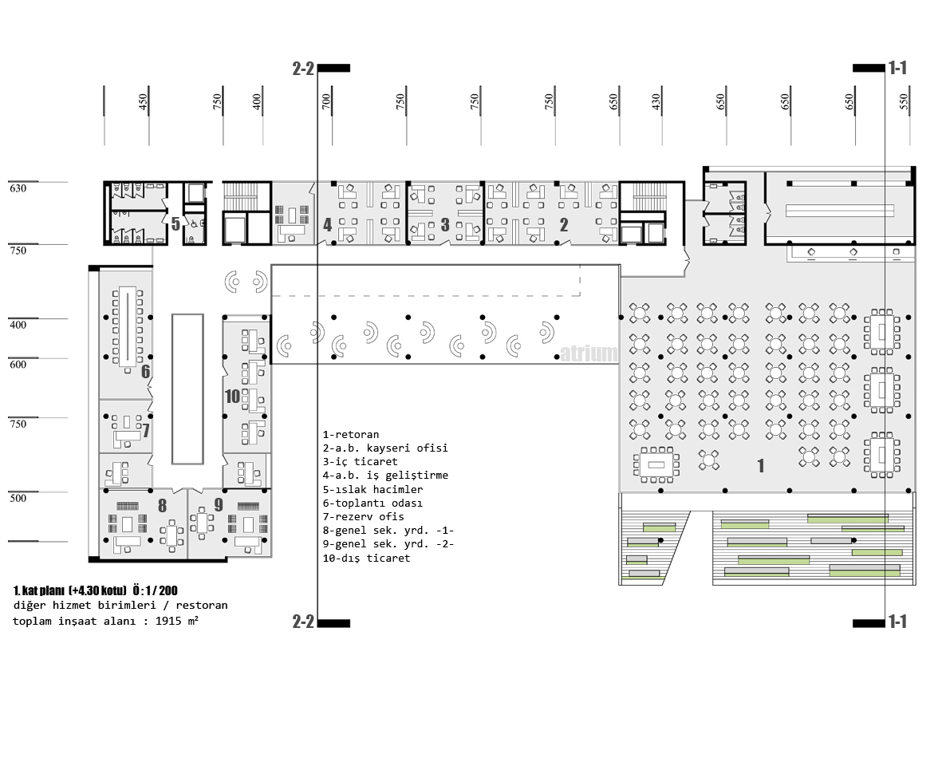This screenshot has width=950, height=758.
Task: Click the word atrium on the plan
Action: (x=589, y=353)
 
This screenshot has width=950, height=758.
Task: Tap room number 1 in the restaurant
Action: (x=760, y=465)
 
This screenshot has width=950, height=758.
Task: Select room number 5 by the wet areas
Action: (x=175, y=224)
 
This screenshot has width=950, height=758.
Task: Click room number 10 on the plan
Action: (x=232, y=397)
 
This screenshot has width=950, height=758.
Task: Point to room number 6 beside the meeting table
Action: (x=145, y=372)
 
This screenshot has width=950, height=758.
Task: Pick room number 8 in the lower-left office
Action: (x=162, y=505)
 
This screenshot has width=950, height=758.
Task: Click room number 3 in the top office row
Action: (x=445, y=225)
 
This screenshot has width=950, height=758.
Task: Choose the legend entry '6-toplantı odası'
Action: (x=373, y=503)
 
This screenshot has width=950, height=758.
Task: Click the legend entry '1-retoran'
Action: (x=351, y=434)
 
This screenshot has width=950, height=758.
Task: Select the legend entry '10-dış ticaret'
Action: (x=367, y=558)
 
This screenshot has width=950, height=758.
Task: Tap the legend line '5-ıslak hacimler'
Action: (x=373, y=489)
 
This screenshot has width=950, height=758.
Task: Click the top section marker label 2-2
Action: (x=304, y=69)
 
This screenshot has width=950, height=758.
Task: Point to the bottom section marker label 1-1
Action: (x=897, y=622)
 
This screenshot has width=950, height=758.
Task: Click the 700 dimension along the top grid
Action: (x=327, y=101)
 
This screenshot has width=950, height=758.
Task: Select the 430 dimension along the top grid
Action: (x=656, y=101)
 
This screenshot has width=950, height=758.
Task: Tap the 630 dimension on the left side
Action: (x=18, y=188)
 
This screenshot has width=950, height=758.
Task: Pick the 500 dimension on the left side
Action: (x=18, y=498)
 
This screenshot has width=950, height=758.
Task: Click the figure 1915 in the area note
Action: (x=168, y=621)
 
